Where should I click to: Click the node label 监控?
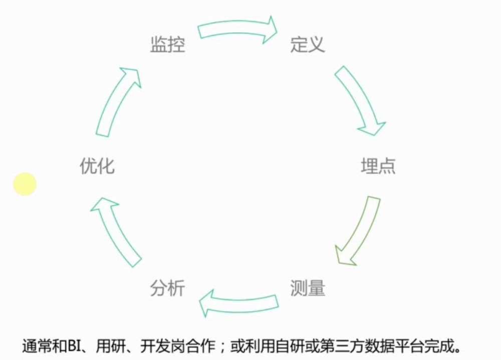tap(167, 45)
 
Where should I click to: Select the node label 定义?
tap(308, 45)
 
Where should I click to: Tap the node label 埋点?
tap(378, 166)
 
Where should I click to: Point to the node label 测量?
tap(308, 288)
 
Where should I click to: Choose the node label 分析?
tap(167, 288)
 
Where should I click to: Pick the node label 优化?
tap(97, 166)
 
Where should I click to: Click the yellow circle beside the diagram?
tap(25, 184)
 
